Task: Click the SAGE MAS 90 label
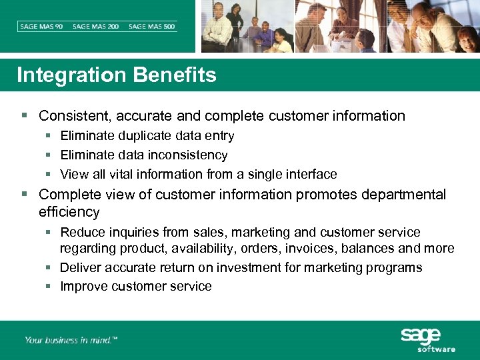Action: pyautogui.click(x=41, y=27)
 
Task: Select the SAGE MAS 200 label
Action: pyautogui.click(x=96, y=27)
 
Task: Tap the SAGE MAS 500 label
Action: pyautogui.click(x=152, y=27)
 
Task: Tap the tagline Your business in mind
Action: pyautogui.click(x=71, y=340)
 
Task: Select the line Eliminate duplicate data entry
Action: pyautogui.click(x=147, y=136)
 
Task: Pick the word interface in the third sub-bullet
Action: pyautogui.click(x=309, y=175)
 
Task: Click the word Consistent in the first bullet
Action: pyautogui.click(x=75, y=116)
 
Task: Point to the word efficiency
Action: pyautogui.click(x=69, y=213)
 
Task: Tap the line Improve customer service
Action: pyautogui.click(x=135, y=287)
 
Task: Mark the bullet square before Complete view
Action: pyautogui.click(x=25, y=195)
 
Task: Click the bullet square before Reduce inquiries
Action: pyautogui.click(x=49, y=233)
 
